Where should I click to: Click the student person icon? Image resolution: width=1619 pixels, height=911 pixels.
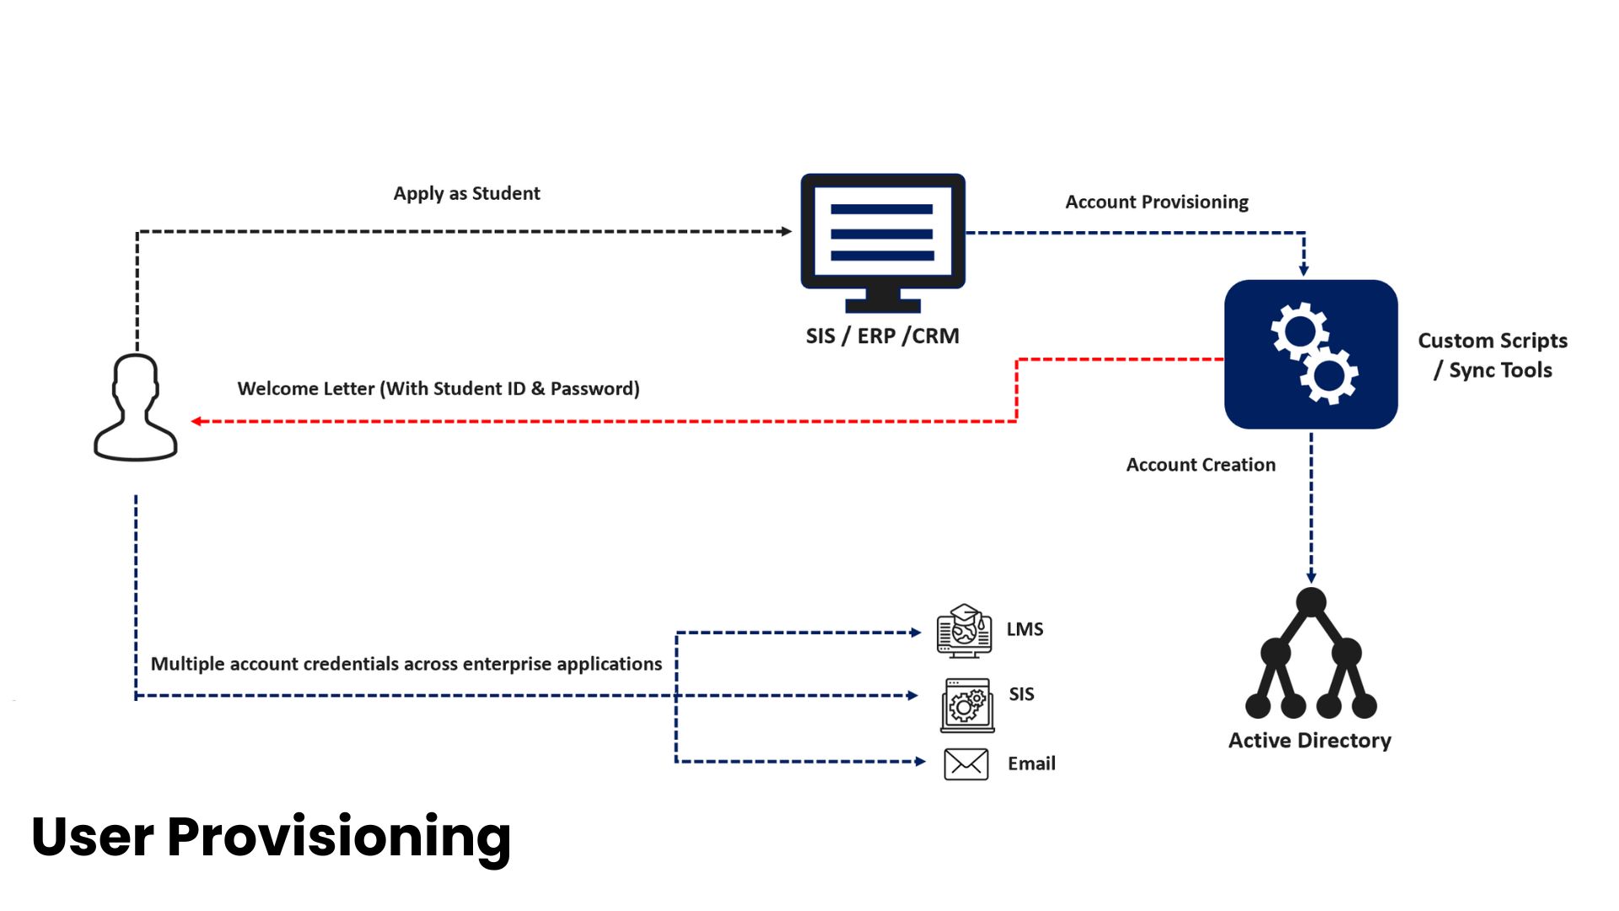pyautogui.click(x=135, y=407)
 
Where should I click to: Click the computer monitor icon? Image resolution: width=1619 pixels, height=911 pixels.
pyautogui.click(x=883, y=243)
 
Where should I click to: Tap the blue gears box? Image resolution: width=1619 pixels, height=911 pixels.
pyautogui.click(x=1310, y=354)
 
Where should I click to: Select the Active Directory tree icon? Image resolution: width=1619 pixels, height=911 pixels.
pyautogui.click(x=1310, y=654)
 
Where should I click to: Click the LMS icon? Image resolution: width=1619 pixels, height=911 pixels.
pyautogui.click(x=964, y=631)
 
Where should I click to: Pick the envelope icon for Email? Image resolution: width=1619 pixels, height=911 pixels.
pyautogui.click(x=966, y=764)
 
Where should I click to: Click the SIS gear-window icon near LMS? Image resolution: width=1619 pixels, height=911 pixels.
pyautogui.click(x=967, y=705)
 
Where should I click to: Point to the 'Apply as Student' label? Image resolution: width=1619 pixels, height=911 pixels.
pyautogui.click(x=466, y=193)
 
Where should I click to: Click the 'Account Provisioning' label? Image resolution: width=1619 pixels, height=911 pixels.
pyautogui.click(x=1157, y=202)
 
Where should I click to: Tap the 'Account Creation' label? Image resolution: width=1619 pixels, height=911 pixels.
pyautogui.click(x=1201, y=465)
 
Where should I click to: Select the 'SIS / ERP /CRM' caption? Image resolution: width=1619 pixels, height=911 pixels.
pyautogui.click(x=882, y=336)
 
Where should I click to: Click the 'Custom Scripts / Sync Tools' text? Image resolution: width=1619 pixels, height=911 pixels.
pyautogui.click(x=1493, y=355)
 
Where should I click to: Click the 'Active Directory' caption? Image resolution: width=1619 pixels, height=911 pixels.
pyautogui.click(x=1310, y=741)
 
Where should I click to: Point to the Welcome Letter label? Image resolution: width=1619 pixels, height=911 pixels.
pyautogui.click(x=438, y=389)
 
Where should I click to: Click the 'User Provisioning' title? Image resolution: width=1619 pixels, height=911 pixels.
pyautogui.click(x=271, y=838)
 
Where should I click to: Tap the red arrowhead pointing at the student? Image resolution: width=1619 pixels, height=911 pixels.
pyautogui.click(x=196, y=421)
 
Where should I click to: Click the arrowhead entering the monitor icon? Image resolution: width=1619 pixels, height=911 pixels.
pyautogui.click(x=787, y=231)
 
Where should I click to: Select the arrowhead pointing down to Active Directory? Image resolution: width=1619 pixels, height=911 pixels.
pyautogui.click(x=1311, y=578)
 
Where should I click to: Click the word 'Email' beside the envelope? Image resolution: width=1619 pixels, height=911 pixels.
pyautogui.click(x=1031, y=763)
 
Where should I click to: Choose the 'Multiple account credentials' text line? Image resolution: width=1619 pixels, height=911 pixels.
pyautogui.click(x=406, y=665)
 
